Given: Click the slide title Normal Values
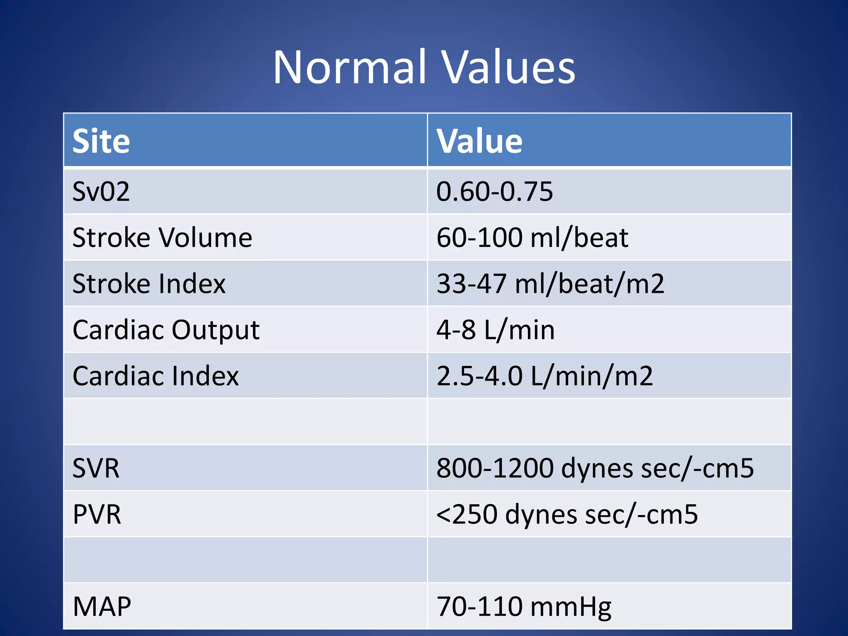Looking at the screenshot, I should coord(424,67).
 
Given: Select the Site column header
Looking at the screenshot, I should coord(101,141).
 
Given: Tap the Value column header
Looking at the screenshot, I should coord(479,141).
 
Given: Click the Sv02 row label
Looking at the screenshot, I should coord(101,192).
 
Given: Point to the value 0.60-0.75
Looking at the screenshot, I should coord(494,192).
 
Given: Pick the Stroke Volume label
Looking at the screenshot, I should coord(162,238).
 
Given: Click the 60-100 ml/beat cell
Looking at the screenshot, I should coord(532,238).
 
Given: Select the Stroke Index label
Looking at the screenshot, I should coord(149,284).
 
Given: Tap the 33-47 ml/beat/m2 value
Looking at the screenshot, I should coord(550,284).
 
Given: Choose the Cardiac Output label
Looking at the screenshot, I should coord(166,330).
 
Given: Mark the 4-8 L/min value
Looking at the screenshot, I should coord(495,330).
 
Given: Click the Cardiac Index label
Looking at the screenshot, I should coord(156,376).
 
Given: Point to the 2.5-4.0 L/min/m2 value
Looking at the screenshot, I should coord(544,376).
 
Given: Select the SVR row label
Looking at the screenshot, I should coord(96,468).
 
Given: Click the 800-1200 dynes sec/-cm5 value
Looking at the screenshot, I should coord(595,468).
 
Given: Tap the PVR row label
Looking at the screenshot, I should coord(97,514).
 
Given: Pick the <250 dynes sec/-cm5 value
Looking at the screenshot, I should coord(567,514).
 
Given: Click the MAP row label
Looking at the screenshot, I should coord(102,607).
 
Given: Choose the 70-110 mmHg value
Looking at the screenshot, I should coord(524,607).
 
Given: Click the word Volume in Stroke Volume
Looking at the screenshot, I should coord(205,238).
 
